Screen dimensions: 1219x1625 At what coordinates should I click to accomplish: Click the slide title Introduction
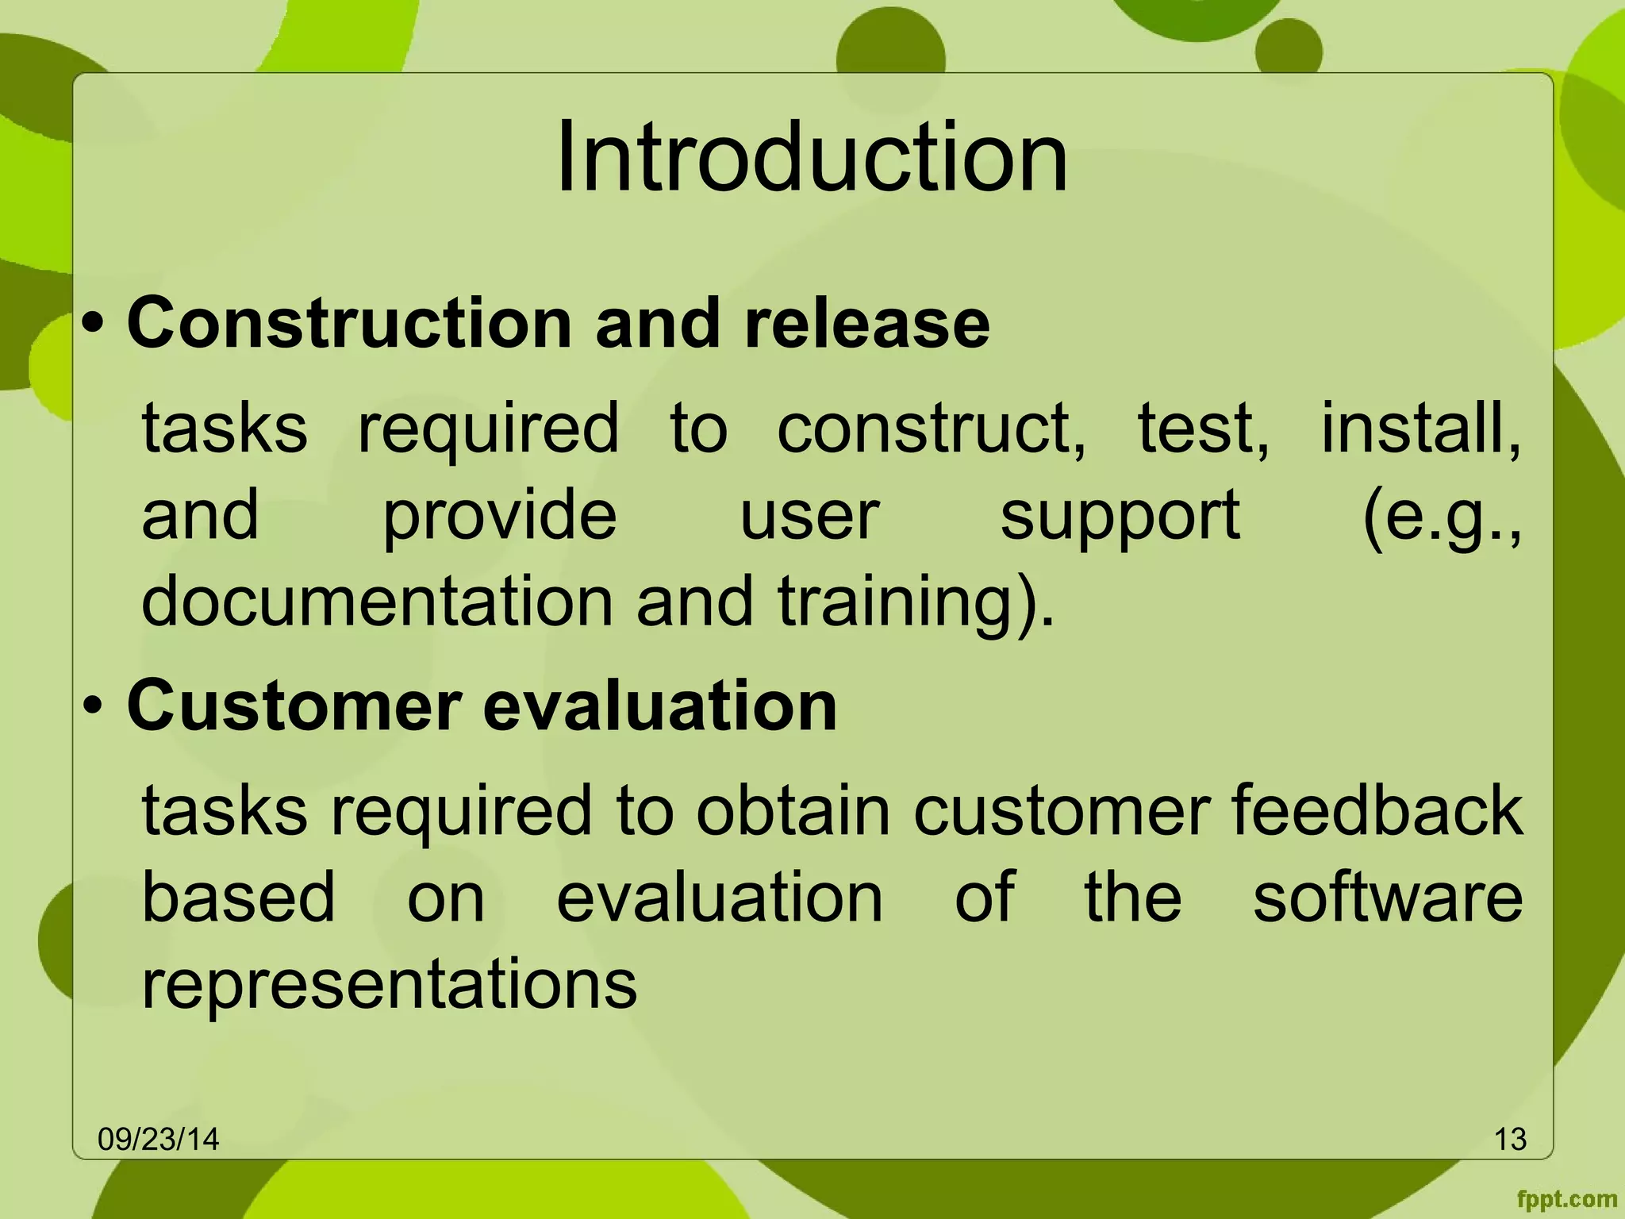[x=811, y=156]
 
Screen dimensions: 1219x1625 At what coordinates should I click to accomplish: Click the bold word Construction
[x=349, y=323]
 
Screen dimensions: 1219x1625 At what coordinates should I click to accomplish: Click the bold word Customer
[x=294, y=705]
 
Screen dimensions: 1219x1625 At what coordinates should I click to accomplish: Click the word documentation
[x=377, y=601]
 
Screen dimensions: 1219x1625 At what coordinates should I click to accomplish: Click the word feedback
[x=1377, y=810]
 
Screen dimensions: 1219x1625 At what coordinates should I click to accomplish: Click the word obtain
[x=793, y=810]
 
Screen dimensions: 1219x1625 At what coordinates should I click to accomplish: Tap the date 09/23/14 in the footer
[x=158, y=1139]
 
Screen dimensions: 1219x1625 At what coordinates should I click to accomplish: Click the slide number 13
[x=1510, y=1139]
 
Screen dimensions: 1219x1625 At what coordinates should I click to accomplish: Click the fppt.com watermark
[x=1566, y=1198]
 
